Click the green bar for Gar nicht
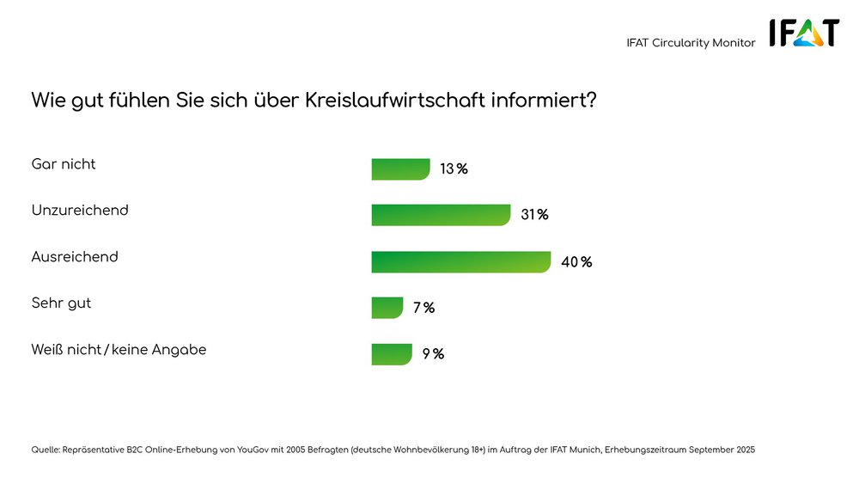(x=400, y=169)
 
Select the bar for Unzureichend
(x=442, y=215)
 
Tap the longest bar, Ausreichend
(x=460, y=261)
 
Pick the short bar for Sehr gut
(x=387, y=308)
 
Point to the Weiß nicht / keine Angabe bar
(x=392, y=354)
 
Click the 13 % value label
(x=454, y=169)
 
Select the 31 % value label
(x=534, y=215)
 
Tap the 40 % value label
(x=576, y=262)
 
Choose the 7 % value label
(x=423, y=308)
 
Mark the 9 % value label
(x=432, y=354)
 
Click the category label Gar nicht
(x=64, y=164)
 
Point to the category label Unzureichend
(x=80, y=211)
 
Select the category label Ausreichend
(x=75, y=257)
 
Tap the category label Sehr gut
(x=61, y=303)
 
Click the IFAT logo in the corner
(x=804, y=34)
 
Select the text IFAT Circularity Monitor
(x=691, y=43)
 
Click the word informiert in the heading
(x=551, y=100)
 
